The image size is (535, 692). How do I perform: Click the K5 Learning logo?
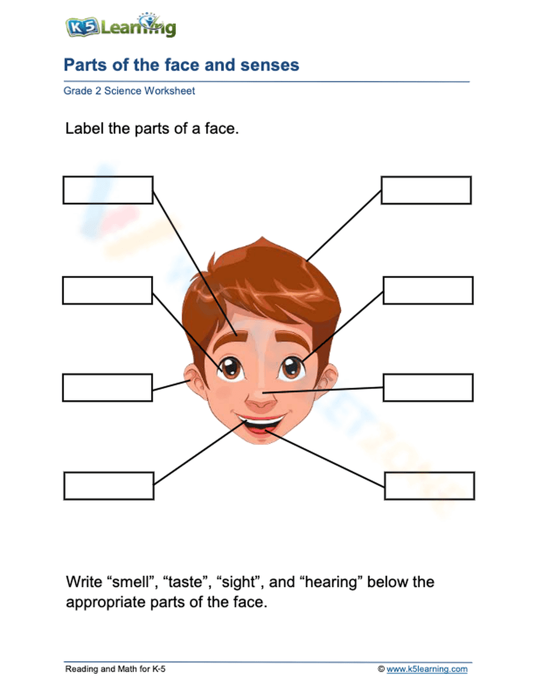click(120, 26)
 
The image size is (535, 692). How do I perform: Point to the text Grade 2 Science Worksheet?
click(129, 91)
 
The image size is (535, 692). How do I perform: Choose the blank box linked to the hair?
click(426, 190)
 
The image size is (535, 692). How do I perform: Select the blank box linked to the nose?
click(428, 388)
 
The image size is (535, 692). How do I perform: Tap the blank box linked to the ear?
click(108, 388)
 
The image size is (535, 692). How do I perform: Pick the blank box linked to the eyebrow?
click(108, 190)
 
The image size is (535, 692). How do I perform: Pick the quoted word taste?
click(186, 582)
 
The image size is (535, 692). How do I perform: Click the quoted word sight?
click(239, 582)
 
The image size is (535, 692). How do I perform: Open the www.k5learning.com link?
click(427, 669)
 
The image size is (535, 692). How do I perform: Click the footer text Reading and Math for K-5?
click(115, 669)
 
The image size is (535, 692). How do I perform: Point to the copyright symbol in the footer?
click(381, 669)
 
